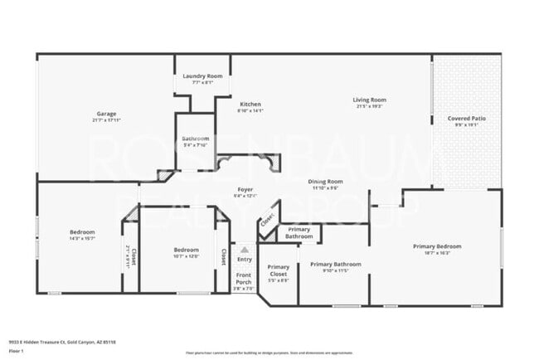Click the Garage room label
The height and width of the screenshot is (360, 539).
[104, 113]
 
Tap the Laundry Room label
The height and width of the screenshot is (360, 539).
[202, 75]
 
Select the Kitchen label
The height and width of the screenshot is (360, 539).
[250, 105]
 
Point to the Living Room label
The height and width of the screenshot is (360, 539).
[371, 100]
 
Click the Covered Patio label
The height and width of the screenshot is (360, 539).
[467, 119]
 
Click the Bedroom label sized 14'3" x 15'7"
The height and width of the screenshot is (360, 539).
[82, 231]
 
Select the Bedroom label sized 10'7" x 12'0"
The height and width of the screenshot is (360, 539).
[186, 250]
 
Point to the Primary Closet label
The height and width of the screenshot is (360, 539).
[278, 270]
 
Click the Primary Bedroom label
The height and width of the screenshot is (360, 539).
[437, 246]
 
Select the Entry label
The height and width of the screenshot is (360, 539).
[244, 260]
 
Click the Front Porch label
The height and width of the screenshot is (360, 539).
[244, 278]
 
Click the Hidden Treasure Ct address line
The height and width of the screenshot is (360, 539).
[62, 341]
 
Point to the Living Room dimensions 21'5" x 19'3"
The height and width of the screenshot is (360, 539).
[371, 106]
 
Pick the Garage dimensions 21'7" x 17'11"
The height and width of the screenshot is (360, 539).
[104, 119]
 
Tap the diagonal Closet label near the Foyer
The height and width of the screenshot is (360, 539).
[267, 221]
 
